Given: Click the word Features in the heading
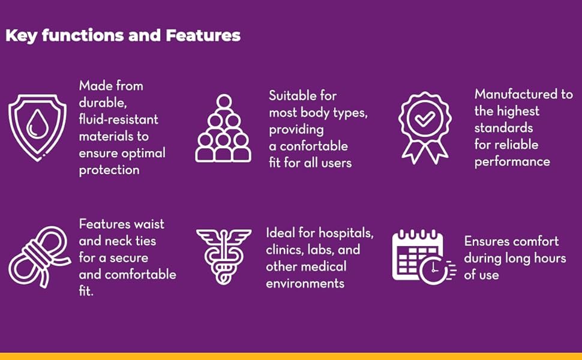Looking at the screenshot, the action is pyautogui.click(x=203, y=35).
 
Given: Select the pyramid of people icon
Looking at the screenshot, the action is pyautogui.click(x=223, y=128).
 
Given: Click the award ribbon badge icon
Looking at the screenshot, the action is pyautogui.click(x=425, y=128).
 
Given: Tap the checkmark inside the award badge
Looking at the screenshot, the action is pyautogui.click(x=425, y=119).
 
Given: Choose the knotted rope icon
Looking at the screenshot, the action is pyautogui.click(x=40, y=257).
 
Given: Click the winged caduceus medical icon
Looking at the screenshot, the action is pyautogui.click(x=223, y=256).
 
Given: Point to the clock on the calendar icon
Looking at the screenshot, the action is pyautogui.click(x=434, y=270).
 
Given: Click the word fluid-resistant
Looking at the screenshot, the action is pyautogui.click(x=118, y=119).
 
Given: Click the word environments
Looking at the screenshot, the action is pyautogui.click(x=305, y=284).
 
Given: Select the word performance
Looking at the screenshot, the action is pyautogui.click(x=512, y=162).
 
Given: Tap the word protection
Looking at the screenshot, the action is pyautogui.click(x=109, y=170).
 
